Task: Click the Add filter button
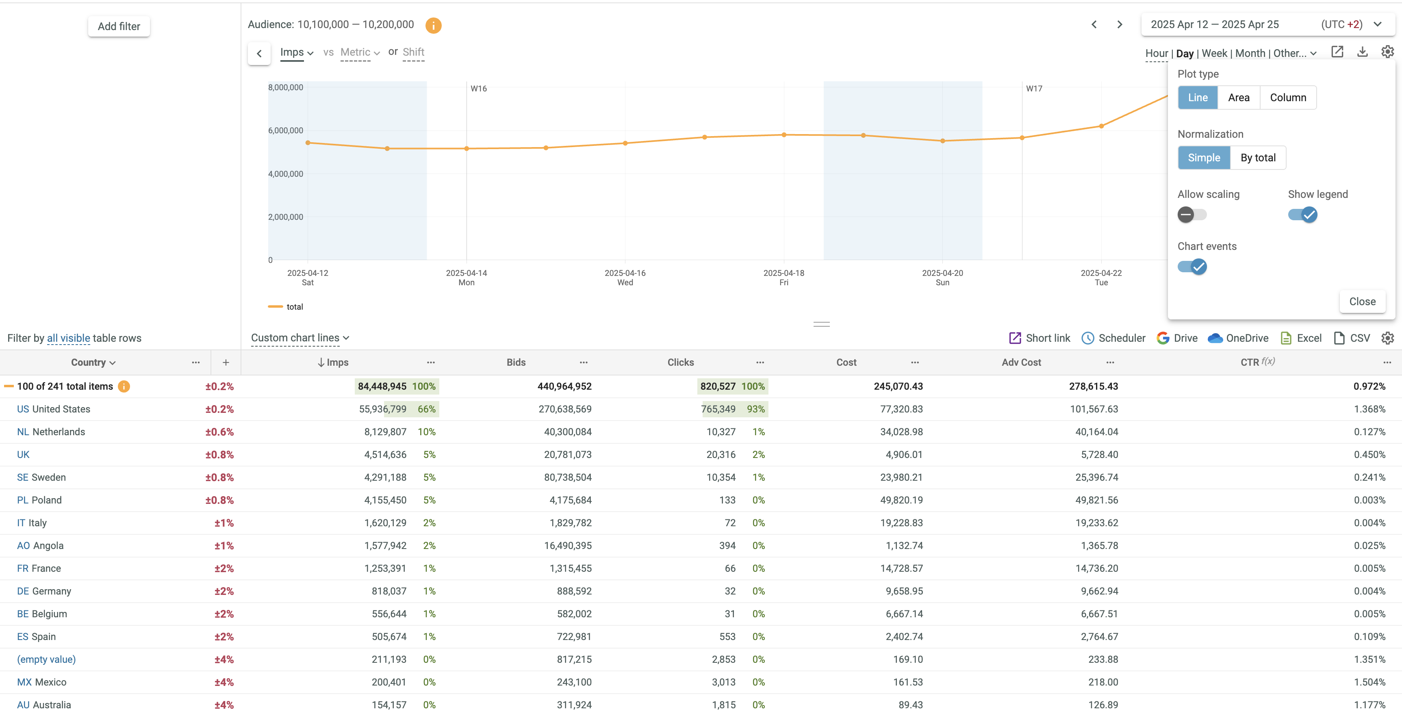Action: coord(119,26)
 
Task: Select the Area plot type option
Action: coord(1238,98)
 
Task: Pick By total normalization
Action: coord(1258,158)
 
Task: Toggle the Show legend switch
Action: coord(1302,215)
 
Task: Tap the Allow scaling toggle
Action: coord(1192,215)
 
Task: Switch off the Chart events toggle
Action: coord(1192,267)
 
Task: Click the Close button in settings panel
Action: coord(1362,302)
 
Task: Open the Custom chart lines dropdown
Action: coord(300,338)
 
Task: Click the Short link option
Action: coord(1040,338)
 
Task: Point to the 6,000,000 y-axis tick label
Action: coord(286,130)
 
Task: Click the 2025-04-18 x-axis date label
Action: coord(784,273)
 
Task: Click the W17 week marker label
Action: coord(1034,89)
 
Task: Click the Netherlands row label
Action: coord(58,432)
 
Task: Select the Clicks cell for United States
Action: coord(718,409)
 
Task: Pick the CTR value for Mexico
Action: coord(1369,682)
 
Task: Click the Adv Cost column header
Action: coord(1021,362)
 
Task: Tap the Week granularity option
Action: coord(1214,53)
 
